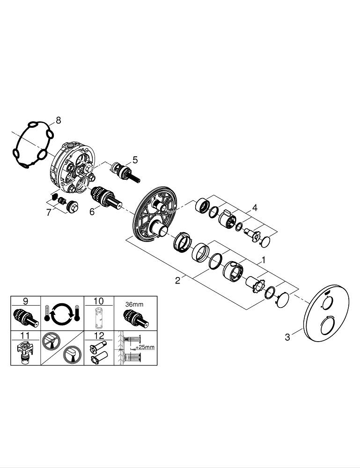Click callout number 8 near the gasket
pos(58,120)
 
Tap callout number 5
pos(135,160)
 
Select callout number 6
pos(92,212)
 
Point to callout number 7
pos(49,213)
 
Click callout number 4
pos(254,207)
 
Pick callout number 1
pos(263,260)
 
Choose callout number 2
pos(177,280)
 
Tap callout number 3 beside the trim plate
pos(287,337)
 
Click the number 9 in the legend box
pos(25,301)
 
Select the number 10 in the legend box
pos(98,301)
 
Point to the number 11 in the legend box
pos(25,336)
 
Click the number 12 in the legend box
pos(99,336)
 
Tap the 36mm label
pos(134,305)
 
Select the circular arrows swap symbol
pos(62,314)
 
